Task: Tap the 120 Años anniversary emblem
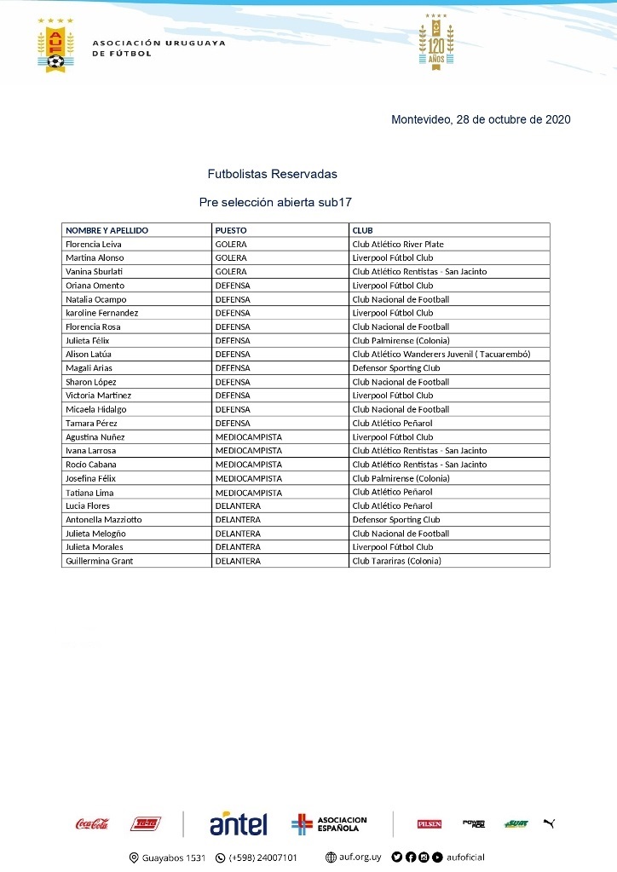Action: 435,42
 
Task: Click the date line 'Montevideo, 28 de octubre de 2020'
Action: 481,120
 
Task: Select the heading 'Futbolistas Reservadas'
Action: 272,174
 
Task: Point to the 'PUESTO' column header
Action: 231,230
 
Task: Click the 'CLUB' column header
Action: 363,230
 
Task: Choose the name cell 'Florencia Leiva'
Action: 94,244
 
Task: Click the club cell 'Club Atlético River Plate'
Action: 398,244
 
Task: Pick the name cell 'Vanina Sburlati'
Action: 95,271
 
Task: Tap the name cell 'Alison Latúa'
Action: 89,354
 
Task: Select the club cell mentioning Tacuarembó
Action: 441,354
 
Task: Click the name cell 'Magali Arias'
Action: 89,367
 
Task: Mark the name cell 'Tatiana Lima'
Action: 89,492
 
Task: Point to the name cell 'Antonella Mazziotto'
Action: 104,519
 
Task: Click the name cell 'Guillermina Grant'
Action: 100,561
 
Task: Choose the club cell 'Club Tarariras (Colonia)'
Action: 397,561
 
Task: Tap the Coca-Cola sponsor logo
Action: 92,823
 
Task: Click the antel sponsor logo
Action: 238,823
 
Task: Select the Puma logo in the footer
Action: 549,823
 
